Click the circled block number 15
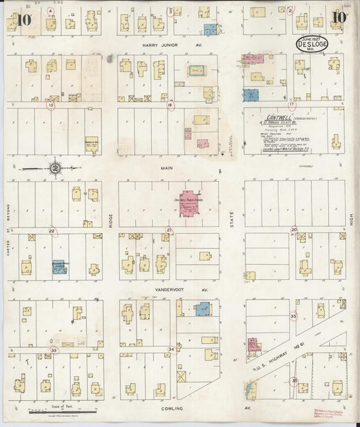point(51,105)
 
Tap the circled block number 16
point(171,105)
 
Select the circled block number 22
point(52,231)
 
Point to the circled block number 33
point(54,350)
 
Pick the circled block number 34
point(172,349)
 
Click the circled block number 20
point(294,230)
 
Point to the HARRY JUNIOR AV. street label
point(172,45)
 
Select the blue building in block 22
point(59,268)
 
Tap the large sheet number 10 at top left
point(22,20)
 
